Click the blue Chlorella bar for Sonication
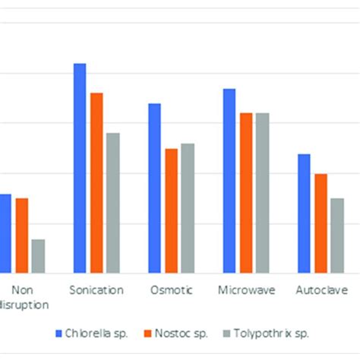80,168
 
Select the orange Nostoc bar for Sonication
96,182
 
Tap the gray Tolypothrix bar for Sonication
113,203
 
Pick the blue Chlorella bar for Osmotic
154,188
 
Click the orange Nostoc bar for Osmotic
171,210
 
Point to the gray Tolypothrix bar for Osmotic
188,207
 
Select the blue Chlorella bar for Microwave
229,181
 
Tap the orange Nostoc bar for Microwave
245,192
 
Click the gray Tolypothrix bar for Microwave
262,192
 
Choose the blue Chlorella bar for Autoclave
304,213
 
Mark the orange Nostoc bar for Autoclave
321,223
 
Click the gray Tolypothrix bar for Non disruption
38,256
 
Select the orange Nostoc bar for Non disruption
21,235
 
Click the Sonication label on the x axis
96,290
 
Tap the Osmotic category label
171,290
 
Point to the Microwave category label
245,290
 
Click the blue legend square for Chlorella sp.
59,333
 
